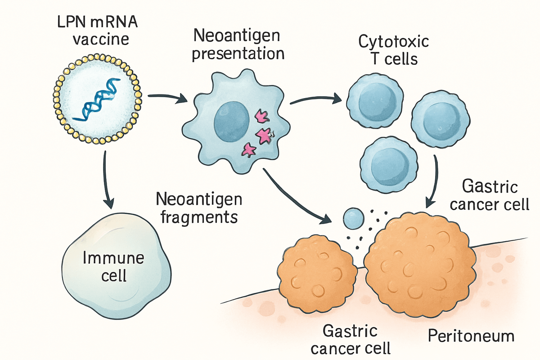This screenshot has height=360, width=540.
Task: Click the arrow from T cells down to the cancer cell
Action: (434, 180)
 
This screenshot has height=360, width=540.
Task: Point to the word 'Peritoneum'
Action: (471, 336)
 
